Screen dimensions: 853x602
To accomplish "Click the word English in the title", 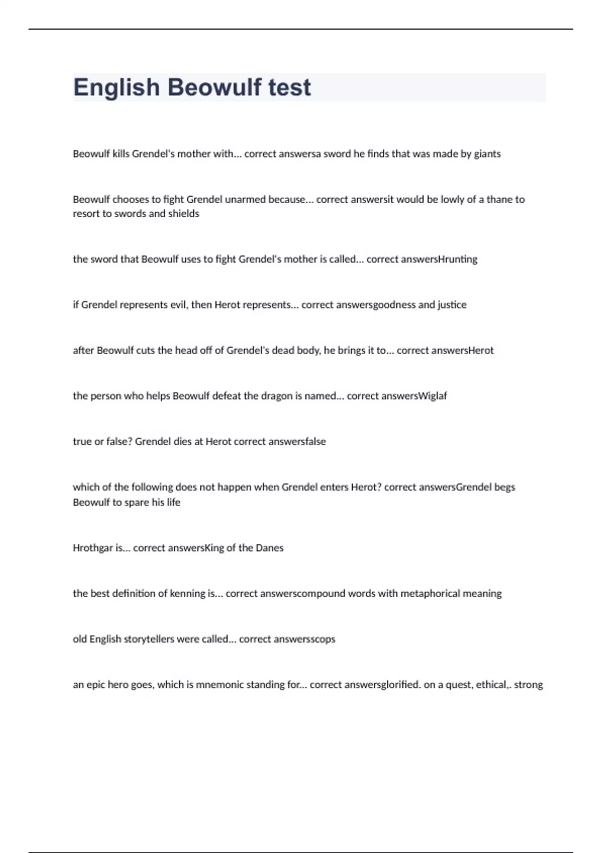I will tap(116, 87).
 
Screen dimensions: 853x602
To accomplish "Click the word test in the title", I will tap(289, 87).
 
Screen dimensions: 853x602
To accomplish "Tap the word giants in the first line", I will tap(487, 154).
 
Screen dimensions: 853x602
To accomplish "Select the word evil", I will tap(179, 305).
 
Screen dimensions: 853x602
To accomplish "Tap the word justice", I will tap(452, 305).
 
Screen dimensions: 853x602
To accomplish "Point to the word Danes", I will tap(269, 548).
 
